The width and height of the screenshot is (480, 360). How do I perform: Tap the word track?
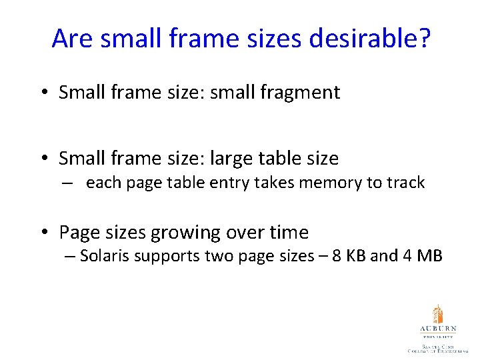(404, 183)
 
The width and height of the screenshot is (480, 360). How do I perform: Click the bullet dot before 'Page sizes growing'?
(43, 233)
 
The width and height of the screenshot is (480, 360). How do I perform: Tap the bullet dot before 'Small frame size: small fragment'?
(43, 93)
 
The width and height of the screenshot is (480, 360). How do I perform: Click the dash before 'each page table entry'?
(69, 183)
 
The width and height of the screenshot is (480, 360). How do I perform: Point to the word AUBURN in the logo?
(437, 329)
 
